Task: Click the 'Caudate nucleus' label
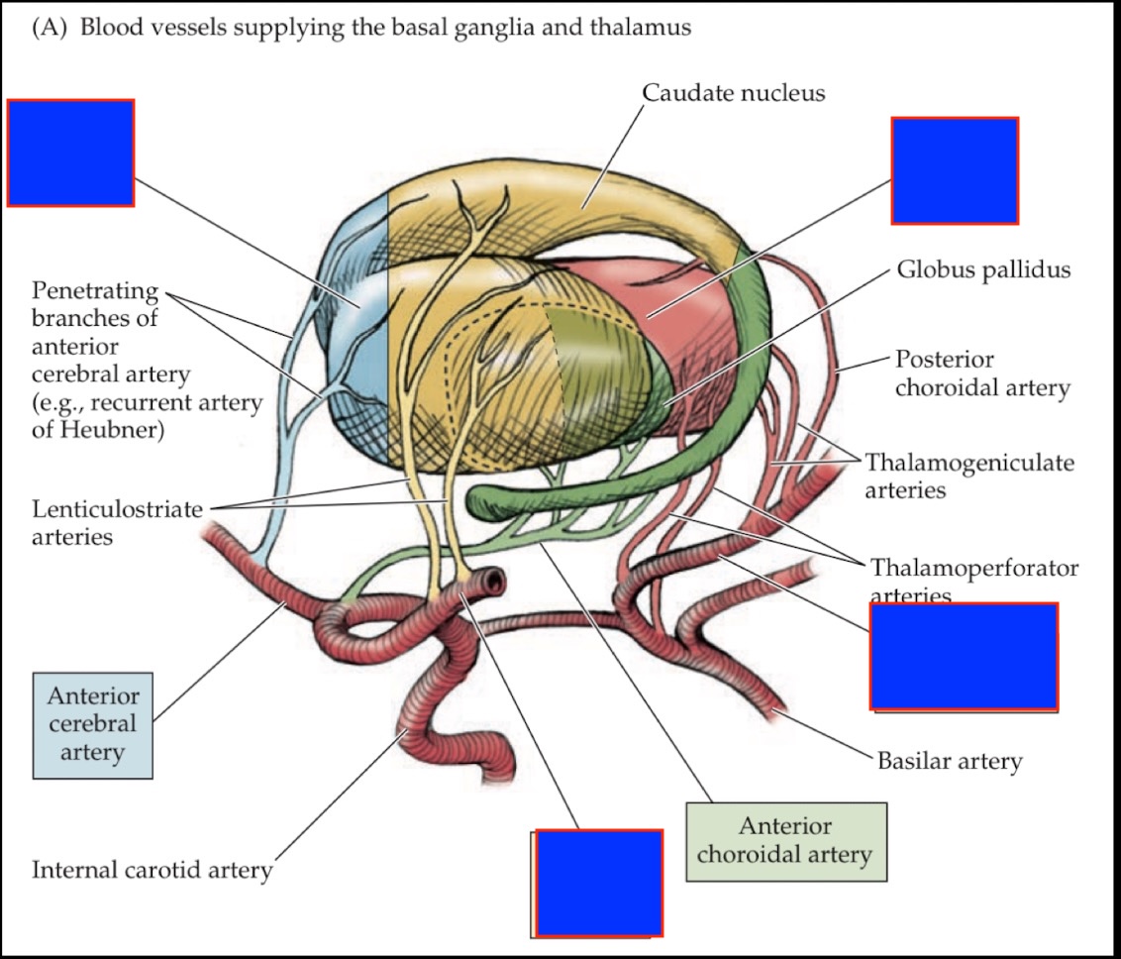click(x=733, y=93)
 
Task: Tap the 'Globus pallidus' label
click(x=983, y=269)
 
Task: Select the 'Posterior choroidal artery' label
click(x=982, y=373)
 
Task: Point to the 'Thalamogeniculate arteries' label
click(x=968, y=476)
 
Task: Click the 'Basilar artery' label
click(x=949, y=761)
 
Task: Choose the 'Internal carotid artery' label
click(x=152, y=870)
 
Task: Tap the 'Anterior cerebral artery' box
click(x=93, y=724)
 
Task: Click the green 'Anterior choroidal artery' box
click(x=785, y=841)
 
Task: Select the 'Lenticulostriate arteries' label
click(x=117, y=522)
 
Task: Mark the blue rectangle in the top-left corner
click(x=70, y=153)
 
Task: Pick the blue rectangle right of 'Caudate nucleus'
click(x=955, y=170)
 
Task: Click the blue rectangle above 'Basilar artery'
click(x=964, y=656)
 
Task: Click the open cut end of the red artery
click(x=491, y=581)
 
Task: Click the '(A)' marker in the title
click(x=51, y=28)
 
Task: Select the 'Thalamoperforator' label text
click(x=973, y=568)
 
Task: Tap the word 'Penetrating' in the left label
click(x=95, y=291)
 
